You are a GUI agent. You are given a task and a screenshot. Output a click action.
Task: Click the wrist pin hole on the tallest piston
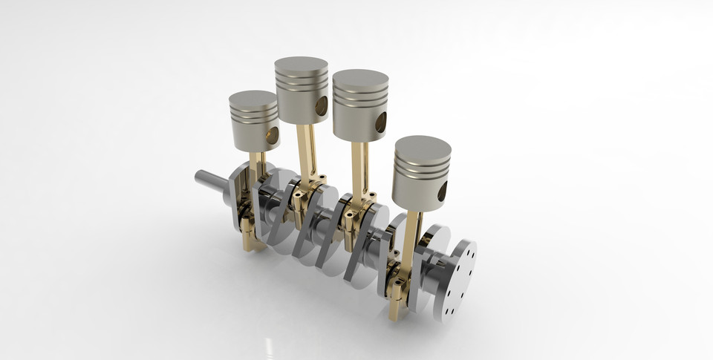[322, 108]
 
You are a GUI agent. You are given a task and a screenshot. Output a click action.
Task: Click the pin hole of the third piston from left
[380, 123]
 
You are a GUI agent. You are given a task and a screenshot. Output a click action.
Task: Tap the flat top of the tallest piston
[301, 65]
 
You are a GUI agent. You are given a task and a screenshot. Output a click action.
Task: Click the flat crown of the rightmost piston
[422, 146]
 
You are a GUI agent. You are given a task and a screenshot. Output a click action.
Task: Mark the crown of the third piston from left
[360, 78]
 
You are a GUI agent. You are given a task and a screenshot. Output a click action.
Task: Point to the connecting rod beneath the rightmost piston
[411, 238]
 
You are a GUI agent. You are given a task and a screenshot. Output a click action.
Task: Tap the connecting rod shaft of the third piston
[359, 167]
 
